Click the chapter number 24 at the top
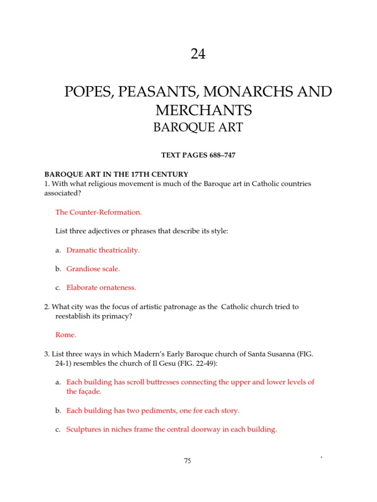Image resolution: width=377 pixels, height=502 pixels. (x=198, y=54)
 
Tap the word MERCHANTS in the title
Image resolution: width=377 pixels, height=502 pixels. (x=198, y=110)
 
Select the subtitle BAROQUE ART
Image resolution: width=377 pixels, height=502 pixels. (x=198, y=127)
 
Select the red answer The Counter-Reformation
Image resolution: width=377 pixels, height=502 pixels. (x=99, y=212)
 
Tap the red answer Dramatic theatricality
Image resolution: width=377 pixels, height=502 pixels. (x=103, y=250)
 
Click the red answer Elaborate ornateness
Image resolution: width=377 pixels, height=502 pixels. (x=101, y=288)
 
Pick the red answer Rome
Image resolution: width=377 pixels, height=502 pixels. (x=66, y=335)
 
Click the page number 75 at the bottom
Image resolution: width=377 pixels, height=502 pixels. (x=188, y=460)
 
